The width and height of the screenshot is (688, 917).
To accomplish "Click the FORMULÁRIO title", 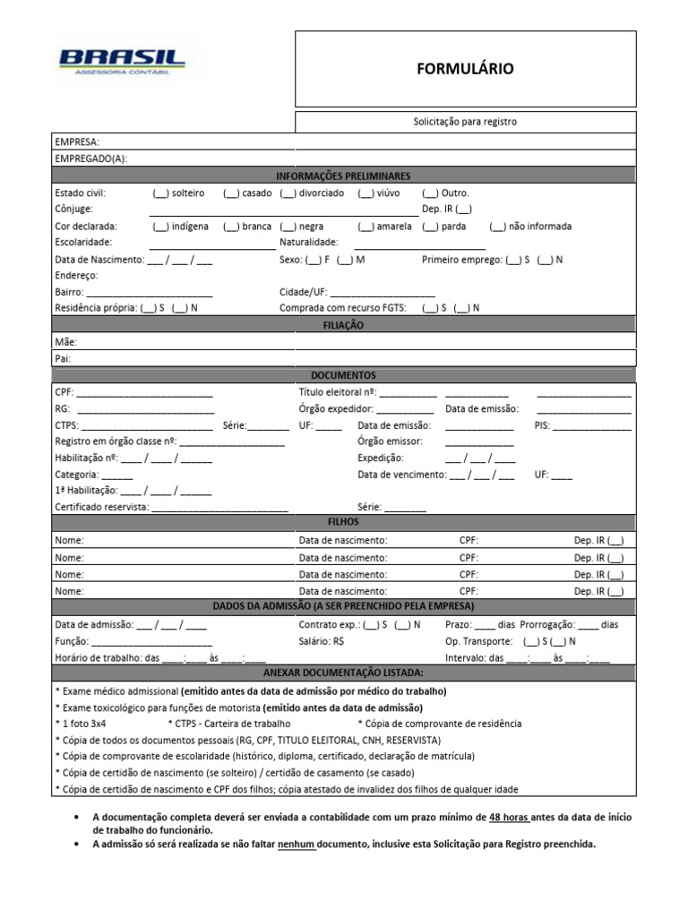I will click(x=465, y=69).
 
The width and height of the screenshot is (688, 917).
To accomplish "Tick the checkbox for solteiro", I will click(x=161, y=193).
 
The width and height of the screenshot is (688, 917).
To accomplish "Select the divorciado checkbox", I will click(x=288, y=193).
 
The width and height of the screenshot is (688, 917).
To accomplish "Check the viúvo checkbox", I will click(x=365, y=193).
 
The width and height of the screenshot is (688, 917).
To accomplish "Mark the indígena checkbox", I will click(x=161, y=227).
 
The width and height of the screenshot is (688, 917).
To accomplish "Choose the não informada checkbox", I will click(x=498, y=227).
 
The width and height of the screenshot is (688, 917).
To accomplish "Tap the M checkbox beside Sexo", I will click(x=345, y=260).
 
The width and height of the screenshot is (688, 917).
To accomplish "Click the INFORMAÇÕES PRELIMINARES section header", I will click(x=343, y=176).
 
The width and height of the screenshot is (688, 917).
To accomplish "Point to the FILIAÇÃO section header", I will click(x=343, y=326).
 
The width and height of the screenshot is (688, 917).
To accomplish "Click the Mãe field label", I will click(x=66, y=342).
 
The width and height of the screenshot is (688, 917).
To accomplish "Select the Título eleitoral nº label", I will click(x=336, y=392).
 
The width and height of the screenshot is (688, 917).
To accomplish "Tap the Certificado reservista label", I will click(x=101, y=506).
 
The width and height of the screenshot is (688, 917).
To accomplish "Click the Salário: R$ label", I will click(x=322, y=641).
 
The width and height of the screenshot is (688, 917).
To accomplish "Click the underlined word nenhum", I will click(x=297, y=844).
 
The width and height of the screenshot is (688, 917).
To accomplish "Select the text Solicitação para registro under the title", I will click(x=465, y=122).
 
